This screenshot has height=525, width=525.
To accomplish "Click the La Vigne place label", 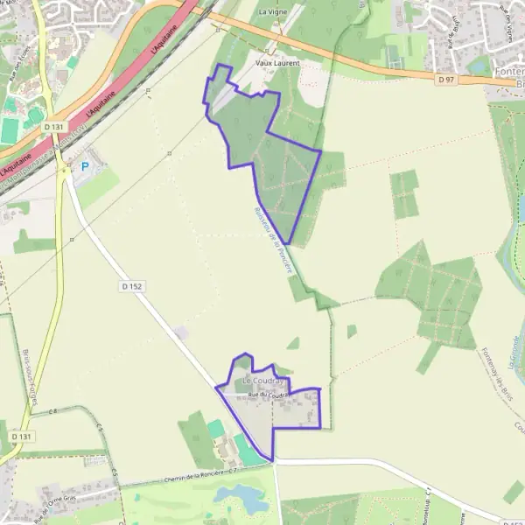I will pyautogui.click(x=271, y=12).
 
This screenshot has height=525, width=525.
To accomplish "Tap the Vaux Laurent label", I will pyautogui.click(x=277, y=64).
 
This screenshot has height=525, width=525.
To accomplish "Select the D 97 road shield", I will pyautogui.click(x=446, y=80).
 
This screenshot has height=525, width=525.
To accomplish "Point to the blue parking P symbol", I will pyautogui.click(x=85, y=166).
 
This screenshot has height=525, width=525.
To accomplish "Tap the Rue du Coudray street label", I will pyautogui.click(x=269, y=395).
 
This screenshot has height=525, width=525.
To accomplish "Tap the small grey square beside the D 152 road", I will pyautogui.click(x=181, y=332).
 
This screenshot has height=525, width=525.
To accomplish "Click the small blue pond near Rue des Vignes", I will pyautogui.click(x=480, y=64).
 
